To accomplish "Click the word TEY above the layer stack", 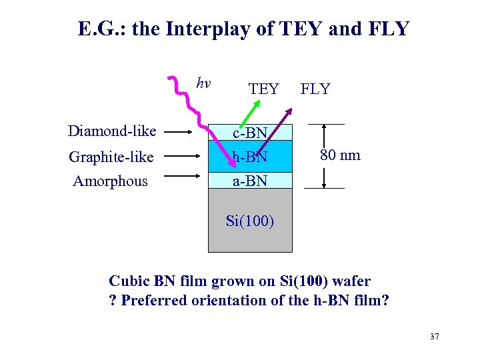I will (263, 89).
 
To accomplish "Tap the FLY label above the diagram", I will (315, 89).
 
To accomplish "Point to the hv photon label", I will (203, 83).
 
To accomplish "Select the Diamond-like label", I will (112, 131).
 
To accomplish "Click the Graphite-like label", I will (111, 157).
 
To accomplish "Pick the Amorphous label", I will (110, 181).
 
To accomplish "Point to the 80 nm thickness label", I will (340, 155).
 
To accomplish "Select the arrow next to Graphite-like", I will (181, 157).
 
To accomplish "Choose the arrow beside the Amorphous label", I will (181, 177).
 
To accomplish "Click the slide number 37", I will (435, 337).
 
